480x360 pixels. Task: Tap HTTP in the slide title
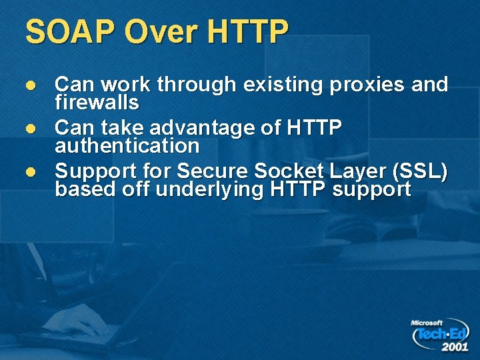point(239,31)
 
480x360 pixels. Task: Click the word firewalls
point(97,103)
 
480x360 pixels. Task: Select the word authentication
point(127,145)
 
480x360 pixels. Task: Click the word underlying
point(211,189)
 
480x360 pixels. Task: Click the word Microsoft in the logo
point(427,323)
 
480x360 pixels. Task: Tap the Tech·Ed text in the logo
point(441,334)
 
